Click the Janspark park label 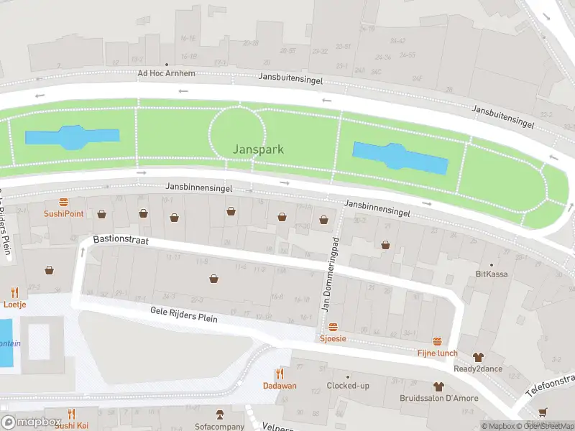coord(258,149)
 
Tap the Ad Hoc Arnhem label coord(166,73)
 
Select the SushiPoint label coord(63,213)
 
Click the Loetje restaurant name coord(14,304)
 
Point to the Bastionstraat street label coord(120,241)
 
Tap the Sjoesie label coord(332,338)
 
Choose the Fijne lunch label coord(437,353)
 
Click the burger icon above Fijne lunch coord(437,341)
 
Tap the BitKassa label coord(492,274)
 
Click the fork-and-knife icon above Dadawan coord(280,374)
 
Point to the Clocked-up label coord(348,386)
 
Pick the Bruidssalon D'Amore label coord(438,398)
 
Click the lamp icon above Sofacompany coord(221,414)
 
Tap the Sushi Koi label coord(71,425)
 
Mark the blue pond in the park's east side coord(400,157)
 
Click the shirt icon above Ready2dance coord(478,356)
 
